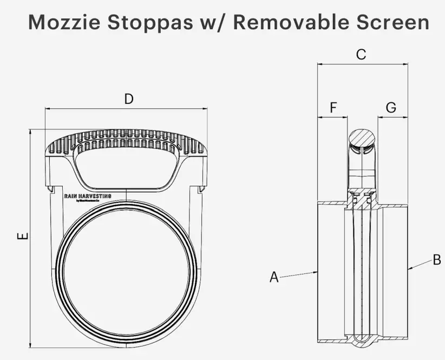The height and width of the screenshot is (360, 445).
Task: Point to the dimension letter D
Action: coord(128,99)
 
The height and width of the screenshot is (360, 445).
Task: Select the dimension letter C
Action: coord(361,54)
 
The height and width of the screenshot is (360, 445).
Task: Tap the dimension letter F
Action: coord(333,108)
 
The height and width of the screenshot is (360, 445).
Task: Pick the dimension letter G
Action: coord(391,108)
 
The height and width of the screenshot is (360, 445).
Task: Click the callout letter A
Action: coord(274,277)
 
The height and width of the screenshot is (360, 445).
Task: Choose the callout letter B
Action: coord(436,260)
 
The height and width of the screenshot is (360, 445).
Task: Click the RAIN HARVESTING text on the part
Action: coord(88,196)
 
